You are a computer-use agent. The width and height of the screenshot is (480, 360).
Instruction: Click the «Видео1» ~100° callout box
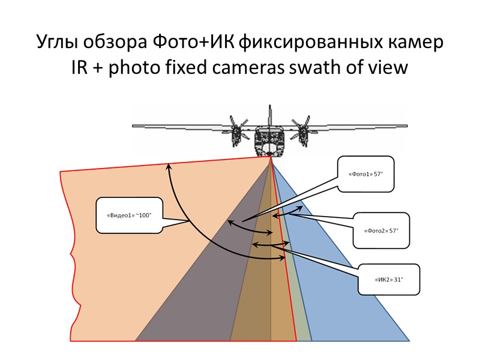pyautogui.click(x=130, y=215)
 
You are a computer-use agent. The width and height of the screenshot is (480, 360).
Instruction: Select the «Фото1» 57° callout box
pyautogui.click(x=365, y=174)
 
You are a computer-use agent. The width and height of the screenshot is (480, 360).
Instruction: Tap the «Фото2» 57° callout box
pyautogui.click(x=382, y=230)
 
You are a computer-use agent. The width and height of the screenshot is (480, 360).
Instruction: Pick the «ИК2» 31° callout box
pyautogui.click(x=389, y=279)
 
